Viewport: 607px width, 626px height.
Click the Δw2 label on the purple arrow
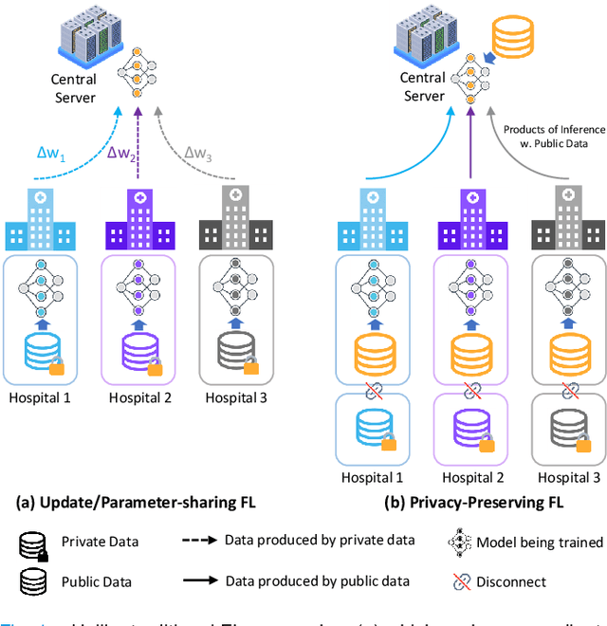click(x=124, y=153)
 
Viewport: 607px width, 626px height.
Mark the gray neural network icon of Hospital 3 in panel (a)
click(x=234, y=284)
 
